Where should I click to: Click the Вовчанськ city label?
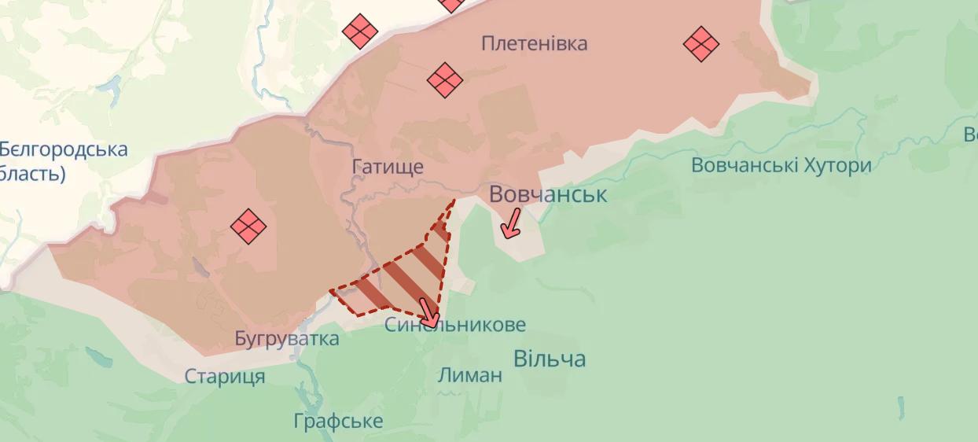[x=548, y=194]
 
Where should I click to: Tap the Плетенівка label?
[x=534, y=43]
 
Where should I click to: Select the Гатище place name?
[x=388, y=167]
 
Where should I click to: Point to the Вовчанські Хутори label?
[x=781, y=165]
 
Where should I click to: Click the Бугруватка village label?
[x=287, y=339]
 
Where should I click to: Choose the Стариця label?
[x=225, y=377]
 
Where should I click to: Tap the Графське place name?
[x=338, y=421]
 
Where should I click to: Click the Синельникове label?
[x=455, y=325]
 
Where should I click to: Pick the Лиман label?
[x=469, y=375]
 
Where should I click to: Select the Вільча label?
[x=550, y=359]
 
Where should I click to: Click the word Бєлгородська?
[x=64, y=149]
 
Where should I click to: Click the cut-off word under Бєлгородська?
[x=32, y=174]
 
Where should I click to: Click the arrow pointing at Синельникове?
[x=428, y=312]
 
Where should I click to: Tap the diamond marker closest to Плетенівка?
[x=444, y=79]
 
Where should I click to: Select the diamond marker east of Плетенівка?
[x=701, y=43]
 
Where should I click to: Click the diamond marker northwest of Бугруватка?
[x=248, y=227]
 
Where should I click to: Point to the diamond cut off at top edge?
[x=452, y=4]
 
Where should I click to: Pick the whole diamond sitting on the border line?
[x=360, y=31]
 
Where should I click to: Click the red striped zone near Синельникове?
[x=401, y=275]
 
